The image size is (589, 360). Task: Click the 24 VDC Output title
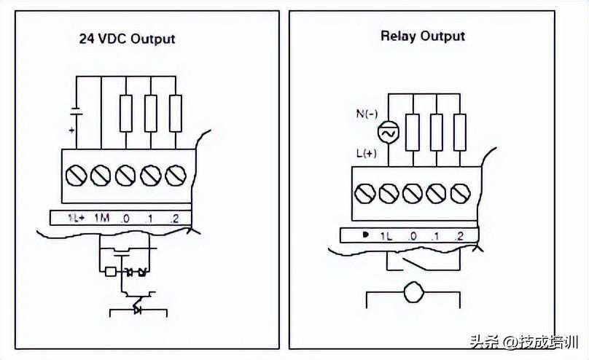pyautogui.click(x=127, y=39)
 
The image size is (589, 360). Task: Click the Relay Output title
pyautogui.click(x=422, y=36)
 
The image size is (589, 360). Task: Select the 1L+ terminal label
pyautogui.click(x=77, y=217)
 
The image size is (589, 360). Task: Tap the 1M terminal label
pyautogui.click(x=101, y=217)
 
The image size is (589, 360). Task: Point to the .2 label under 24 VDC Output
pyautogui.click(x=174, y=217)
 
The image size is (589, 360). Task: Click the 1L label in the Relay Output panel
pyautogui.click(x=386, y=235)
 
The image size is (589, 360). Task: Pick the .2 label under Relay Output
pyautogui.click(x=458, y=235)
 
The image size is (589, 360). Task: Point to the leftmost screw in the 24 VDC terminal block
pyautogui.click(x=77, y=175)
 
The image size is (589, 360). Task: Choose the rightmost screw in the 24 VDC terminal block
pyautogui.click(x=175, y=175)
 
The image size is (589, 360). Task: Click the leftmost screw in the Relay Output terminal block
pyautogui.click(x=364, y=193)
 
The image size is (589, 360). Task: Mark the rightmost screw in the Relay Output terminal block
pyautogui.click(x=459, y=193)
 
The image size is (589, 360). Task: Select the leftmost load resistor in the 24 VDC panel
pyautogui.click(x=126, y=113)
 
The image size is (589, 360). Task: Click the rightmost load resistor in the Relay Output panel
pyautogui.click(x=459, y=131)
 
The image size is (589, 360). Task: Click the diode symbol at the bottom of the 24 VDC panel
pyautogui.click(x=137, y=310)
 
